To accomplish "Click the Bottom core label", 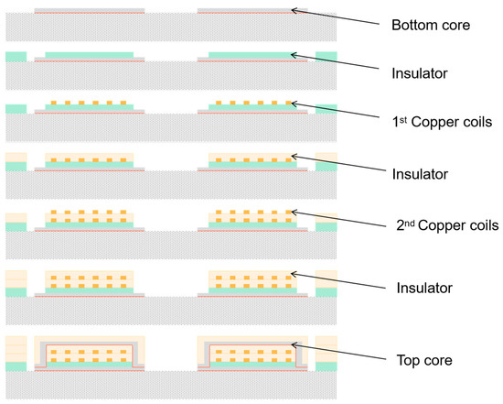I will [430, 26].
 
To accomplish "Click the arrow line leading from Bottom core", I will [338, 17].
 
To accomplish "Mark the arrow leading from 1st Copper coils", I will [338, 113].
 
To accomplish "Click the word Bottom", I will [412, 26].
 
